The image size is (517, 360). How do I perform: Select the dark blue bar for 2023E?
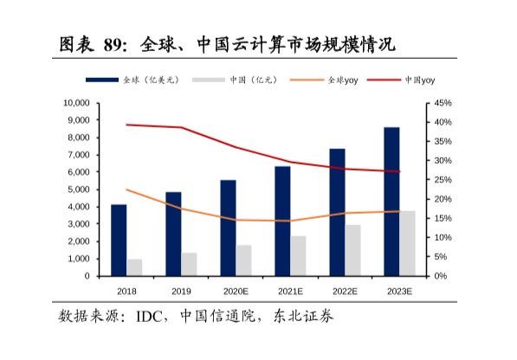(x=391, y=202)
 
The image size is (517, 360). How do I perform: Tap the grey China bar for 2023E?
(x=407, y=243)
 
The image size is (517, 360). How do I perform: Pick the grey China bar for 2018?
(x=134, y=267)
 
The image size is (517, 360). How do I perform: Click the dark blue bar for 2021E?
(x=282, y=221)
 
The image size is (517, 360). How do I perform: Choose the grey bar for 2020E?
(x=243, y=260)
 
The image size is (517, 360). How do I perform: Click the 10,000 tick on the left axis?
(x=76, y=103)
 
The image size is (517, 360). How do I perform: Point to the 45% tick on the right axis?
(x=443, y=103)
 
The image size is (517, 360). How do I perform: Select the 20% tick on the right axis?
(x=443, y=199)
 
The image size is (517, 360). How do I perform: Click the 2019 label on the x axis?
(x=181, y=291)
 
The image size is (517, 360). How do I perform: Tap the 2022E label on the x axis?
(x=345, y=291)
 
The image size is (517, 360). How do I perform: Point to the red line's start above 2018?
(x=126, y=125)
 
